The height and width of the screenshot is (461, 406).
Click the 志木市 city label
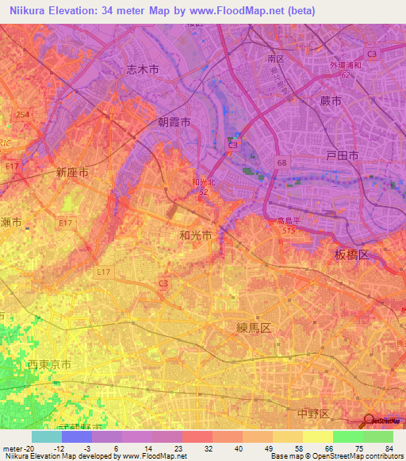tap(143, 70)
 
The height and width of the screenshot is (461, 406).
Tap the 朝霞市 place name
tap(174, 123)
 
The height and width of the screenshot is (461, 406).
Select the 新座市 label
tap(71, 171)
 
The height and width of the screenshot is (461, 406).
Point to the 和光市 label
tap(195, 235)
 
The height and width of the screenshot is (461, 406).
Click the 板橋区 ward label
tap(351, 254)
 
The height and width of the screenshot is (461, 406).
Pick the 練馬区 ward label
tap(255, 326)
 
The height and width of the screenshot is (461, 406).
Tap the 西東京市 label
tap(50, 365)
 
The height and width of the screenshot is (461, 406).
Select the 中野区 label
tap(313, 413)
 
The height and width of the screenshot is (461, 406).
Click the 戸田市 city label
tap(343, 157)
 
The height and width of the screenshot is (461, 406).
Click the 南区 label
tap(276, 59)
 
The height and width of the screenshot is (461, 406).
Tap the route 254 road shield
tap(23, 115)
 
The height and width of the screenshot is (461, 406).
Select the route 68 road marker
tap(282, 162)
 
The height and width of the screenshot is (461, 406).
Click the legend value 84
tap(388, 447)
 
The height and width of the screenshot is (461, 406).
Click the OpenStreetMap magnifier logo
tap(370, 420)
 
